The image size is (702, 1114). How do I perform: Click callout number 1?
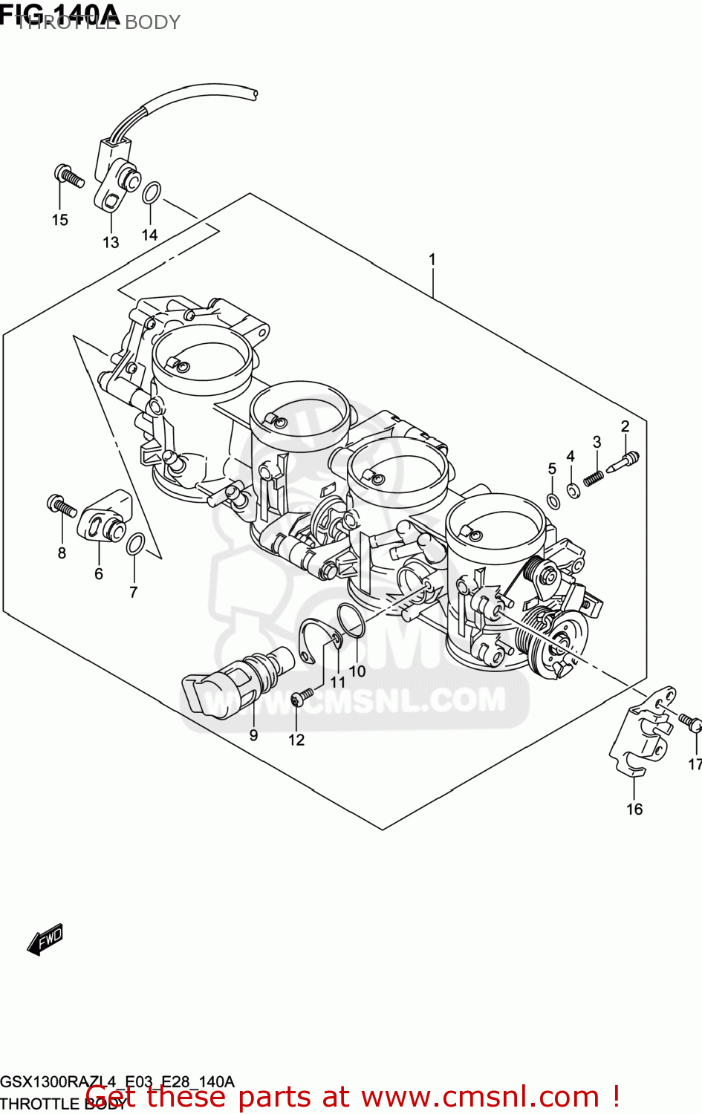coord(432,260)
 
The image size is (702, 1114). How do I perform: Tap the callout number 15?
coord(60,220)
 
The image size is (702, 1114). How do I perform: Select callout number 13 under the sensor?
coord(111,242)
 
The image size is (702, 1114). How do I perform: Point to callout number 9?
coord(253,735)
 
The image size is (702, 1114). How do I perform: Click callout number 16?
coord(634,809)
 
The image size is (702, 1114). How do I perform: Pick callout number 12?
coord(296,740)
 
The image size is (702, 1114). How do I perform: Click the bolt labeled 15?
coord(69,176)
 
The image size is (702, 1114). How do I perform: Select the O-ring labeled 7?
coord(135,544)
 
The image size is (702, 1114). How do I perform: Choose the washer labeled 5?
coord(553,501)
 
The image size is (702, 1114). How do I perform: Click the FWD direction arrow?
coord(45,939)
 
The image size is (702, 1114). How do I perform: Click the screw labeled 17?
coord(690,721)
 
